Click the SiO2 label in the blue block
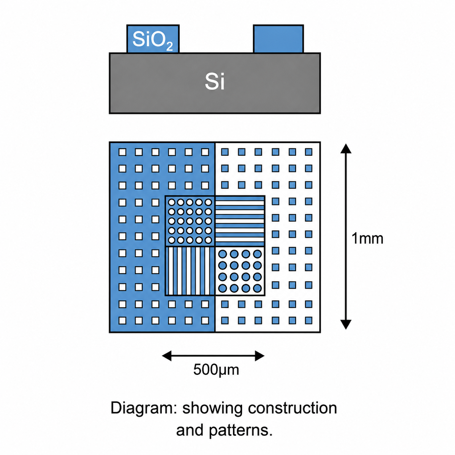(152, 41)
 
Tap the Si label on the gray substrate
(214, 82)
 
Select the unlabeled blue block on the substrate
(278, 39)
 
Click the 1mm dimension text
(367, 238)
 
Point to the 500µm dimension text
(216, 369)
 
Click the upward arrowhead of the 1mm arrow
(346, 149)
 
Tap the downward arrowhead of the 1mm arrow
(346, 324)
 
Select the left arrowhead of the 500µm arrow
(167, 356)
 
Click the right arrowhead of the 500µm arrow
(259, 356)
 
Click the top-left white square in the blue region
(122, 152)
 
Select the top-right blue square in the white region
(309, 152)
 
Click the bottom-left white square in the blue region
(122, 320)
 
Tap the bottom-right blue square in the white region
(309, 320)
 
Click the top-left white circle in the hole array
(172, 202)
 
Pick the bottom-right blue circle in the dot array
(257, 288)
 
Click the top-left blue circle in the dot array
(223, 254)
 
